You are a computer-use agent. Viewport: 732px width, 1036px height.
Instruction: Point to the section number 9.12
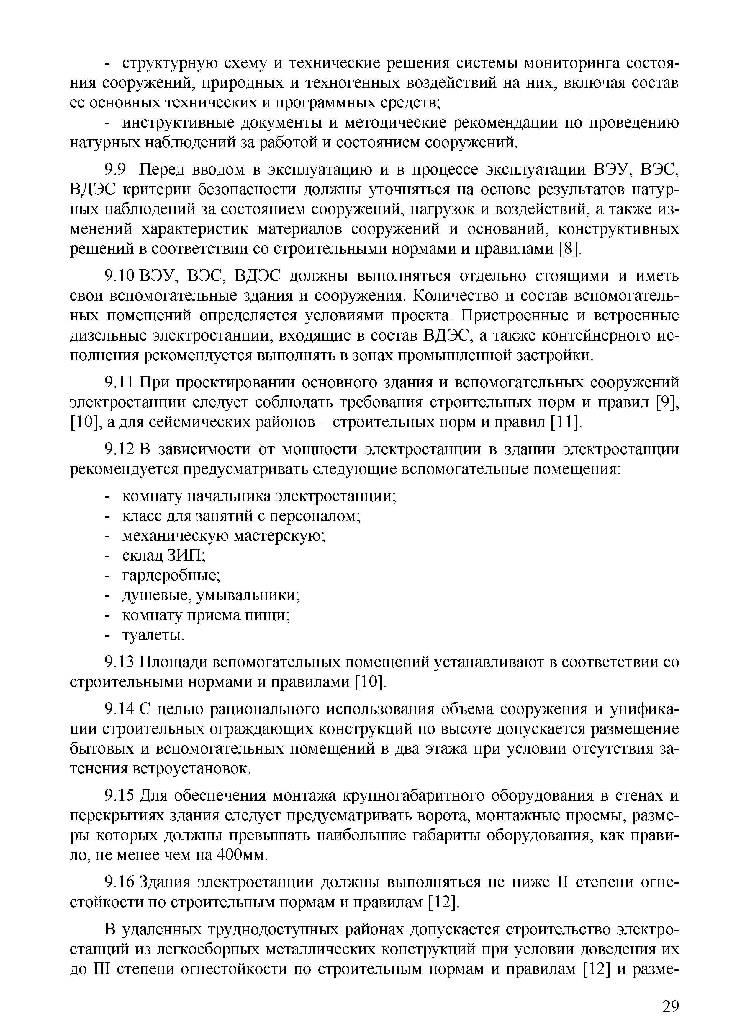pos(121,449)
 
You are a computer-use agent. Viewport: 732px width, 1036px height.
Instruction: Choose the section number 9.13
pos(121,662)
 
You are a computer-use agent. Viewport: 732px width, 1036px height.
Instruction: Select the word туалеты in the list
pos(153,635)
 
